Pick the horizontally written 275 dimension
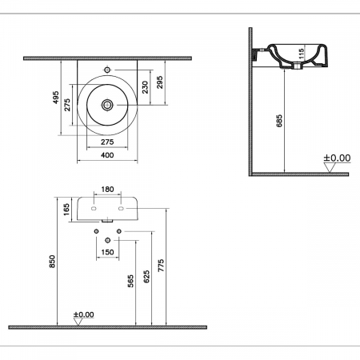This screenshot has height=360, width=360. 106,142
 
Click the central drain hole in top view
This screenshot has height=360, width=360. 107,104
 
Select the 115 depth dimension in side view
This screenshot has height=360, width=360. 302,57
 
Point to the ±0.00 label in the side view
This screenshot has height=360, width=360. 337,158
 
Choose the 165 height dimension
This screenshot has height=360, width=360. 66,210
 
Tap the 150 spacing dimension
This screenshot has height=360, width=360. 107,253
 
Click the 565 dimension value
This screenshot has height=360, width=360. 130,281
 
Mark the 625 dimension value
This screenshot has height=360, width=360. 145,277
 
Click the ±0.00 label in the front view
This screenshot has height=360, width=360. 83,314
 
